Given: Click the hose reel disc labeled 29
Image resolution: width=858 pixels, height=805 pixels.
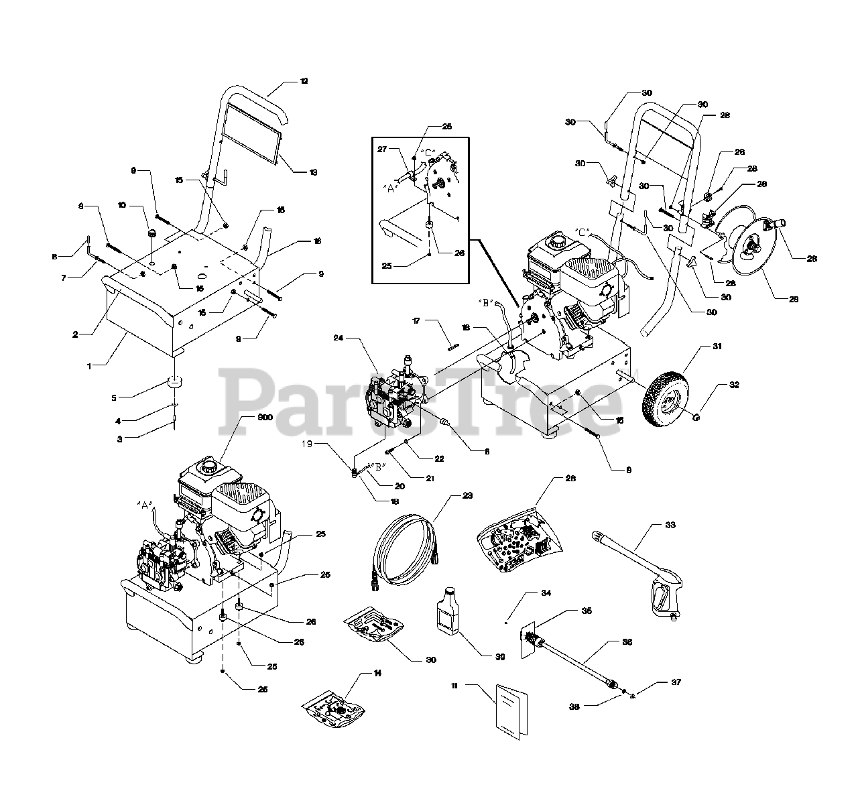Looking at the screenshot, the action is coord(753,249).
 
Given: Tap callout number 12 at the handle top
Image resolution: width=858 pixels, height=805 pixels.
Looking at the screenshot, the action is coord(304,81).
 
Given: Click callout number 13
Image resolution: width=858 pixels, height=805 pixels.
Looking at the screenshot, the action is coord(313,172).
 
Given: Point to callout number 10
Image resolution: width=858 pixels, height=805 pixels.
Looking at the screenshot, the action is coord(121,204).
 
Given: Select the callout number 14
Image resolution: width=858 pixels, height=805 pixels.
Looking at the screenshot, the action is coord(378,674).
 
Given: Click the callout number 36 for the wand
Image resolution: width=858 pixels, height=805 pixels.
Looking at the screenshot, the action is coord(627,641).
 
